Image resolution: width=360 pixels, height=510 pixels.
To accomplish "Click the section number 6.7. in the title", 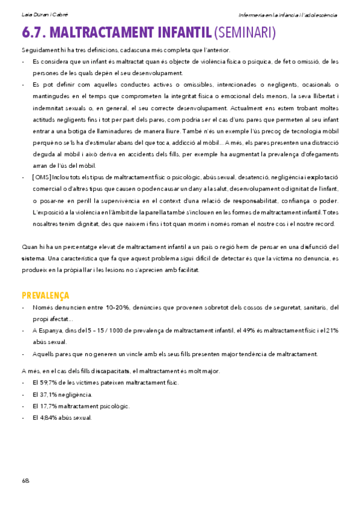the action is (x=34, y=32).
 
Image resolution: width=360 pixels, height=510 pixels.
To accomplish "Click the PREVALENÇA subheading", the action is (x=45, y=295).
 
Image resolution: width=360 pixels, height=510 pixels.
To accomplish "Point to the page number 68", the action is (x=25, y=481).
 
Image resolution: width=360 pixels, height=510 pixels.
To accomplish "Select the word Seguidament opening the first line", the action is (x=40, y=50).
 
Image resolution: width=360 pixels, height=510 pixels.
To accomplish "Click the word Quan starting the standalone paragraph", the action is (x=29, y=247).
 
